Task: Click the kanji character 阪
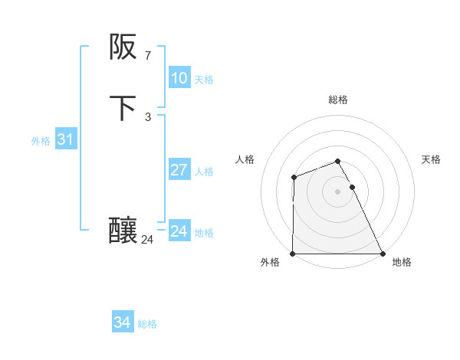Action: pos(123,47)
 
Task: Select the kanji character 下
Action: pos(123,109)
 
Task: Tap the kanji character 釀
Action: pos(123,230)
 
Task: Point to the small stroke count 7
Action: pos(147,56)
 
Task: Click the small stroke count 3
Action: pos(147,117)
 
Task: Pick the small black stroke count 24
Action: pos(147,240)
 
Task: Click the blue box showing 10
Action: pos(179,78)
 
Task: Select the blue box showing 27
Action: pos(179,170)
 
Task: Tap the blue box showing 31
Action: pos(65,139)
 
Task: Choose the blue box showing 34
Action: pos(122,322)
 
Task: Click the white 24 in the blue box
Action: pos(179,231)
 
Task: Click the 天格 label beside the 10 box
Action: pos(204,80)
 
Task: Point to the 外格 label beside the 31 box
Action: pos(41,141)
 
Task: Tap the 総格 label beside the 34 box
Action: pos(147,324)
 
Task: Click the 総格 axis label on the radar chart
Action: pos(338,100)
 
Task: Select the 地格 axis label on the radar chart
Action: pos(402,262)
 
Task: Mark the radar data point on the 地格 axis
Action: pos(383,254)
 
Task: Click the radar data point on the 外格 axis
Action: pos(293,254)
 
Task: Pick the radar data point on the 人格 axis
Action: pos(294,178)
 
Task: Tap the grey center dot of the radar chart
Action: pos(337,191)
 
